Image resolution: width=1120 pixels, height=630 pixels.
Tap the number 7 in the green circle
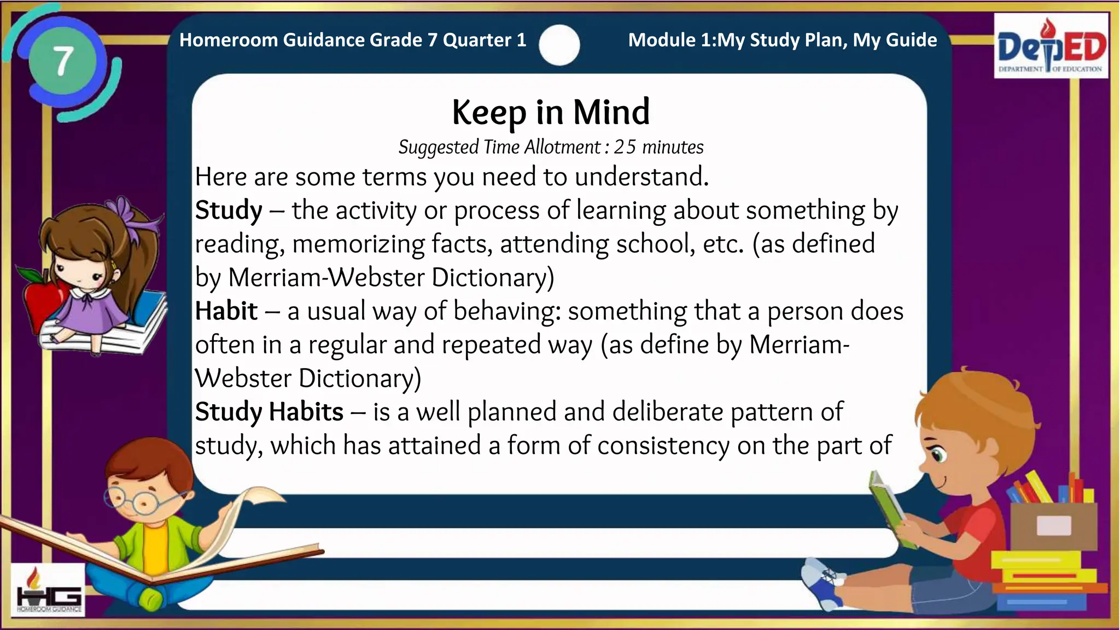pos(63,61)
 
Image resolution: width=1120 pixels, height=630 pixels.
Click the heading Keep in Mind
pos(551,112)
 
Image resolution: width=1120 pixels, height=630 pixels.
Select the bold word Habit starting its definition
pos(226,311)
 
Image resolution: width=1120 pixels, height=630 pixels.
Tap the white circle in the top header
pos(559,45)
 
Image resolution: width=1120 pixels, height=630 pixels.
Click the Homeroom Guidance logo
pos(49,591)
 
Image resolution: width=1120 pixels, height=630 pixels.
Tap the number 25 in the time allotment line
pos(625,147)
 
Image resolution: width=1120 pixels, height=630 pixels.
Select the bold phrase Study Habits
pos(269,412)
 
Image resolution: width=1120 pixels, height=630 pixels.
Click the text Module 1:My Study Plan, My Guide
pos(782,40)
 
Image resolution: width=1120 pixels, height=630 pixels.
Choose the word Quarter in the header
pos(477,40)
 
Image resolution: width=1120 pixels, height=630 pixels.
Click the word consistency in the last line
pos(663,446)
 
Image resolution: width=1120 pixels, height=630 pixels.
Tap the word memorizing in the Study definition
pos(358,244)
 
